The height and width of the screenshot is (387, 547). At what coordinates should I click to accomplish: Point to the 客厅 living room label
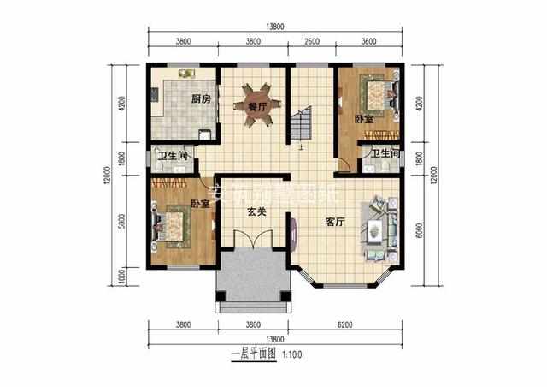pos(335,221)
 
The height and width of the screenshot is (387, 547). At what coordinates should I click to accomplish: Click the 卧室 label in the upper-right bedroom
pos(362,120)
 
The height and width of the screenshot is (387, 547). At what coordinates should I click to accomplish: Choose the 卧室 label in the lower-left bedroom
pos(200,204)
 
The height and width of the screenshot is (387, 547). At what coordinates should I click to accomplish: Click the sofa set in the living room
pos(378,227)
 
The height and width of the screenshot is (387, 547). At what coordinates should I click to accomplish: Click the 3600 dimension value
pos(369,40)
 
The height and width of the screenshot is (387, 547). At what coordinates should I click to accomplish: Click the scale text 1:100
pos(293,353)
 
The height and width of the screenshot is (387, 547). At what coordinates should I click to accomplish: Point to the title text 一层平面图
pos(253,353)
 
